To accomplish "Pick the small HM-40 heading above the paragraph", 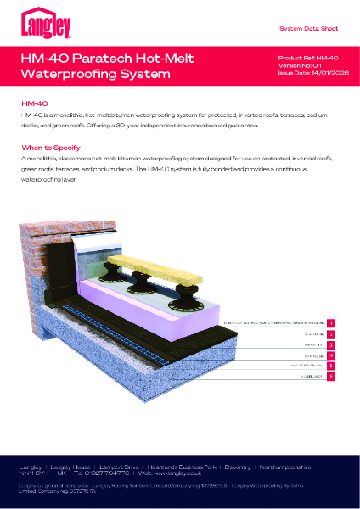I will tap(33, 102).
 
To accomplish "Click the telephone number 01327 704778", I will tap(107, 473).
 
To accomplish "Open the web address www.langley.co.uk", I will tap(183, 473).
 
